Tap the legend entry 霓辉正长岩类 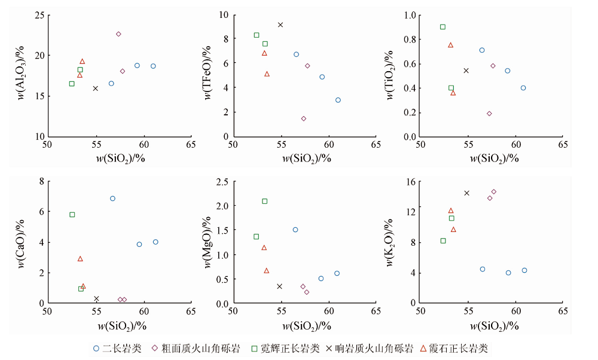tap(288, 349)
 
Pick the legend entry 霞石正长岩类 tap(458, 349)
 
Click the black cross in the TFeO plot tap(280, 25)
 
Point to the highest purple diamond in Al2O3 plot tap(118, 34)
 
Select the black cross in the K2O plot tap(466, 193)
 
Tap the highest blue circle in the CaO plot tap(112, 199)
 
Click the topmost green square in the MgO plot tap(264, 201)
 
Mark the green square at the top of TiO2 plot tap(443, 27)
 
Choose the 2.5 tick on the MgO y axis tap(222, 181)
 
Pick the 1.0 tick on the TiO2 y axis tap(409, 15)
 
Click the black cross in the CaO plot tap(96, 298)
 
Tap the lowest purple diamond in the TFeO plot tap(303, 118)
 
